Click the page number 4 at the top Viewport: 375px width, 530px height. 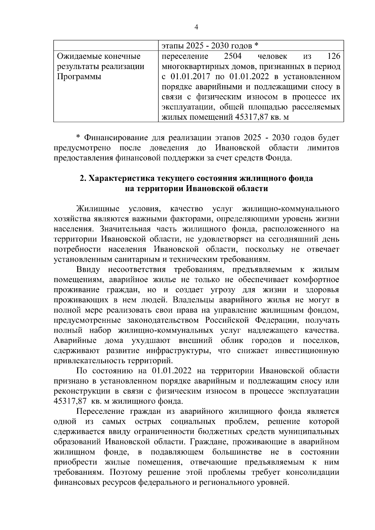click(196, 27)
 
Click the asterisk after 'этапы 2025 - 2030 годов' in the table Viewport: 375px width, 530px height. click(256, 46)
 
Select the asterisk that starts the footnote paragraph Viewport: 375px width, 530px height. click(78, 138)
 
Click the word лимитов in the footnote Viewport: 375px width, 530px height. click(323, 148)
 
